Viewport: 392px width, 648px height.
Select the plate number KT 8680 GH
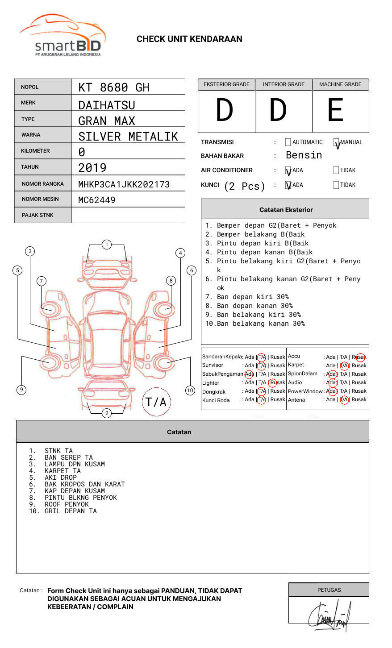click(114, 87)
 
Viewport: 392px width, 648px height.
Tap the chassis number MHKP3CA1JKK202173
click(124, 184)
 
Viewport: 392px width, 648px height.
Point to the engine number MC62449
click(97, 200)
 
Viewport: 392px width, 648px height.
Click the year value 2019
click(92, 168)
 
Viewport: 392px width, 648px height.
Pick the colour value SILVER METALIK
click(128, 137)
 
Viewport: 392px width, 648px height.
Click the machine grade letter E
click(336, 110)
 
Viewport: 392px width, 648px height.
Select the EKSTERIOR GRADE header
click(226, 84)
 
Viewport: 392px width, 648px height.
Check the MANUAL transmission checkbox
click(336, 142)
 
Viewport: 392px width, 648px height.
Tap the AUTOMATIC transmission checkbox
click(288, 142)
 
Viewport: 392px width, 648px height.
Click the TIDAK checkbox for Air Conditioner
click(336, 170)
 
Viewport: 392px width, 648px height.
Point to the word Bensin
click(304, 155)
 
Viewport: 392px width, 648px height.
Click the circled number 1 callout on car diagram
click(106, 245)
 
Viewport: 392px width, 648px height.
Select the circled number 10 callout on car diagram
click(190, 390)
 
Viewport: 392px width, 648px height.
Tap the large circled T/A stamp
click(156, 402)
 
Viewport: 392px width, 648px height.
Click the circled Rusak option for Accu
click(360, 357)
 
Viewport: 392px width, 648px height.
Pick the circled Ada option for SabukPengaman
click(249, 374)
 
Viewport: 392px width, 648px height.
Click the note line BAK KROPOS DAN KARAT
click(85, 484)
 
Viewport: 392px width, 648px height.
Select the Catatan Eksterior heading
click(286, 210)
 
